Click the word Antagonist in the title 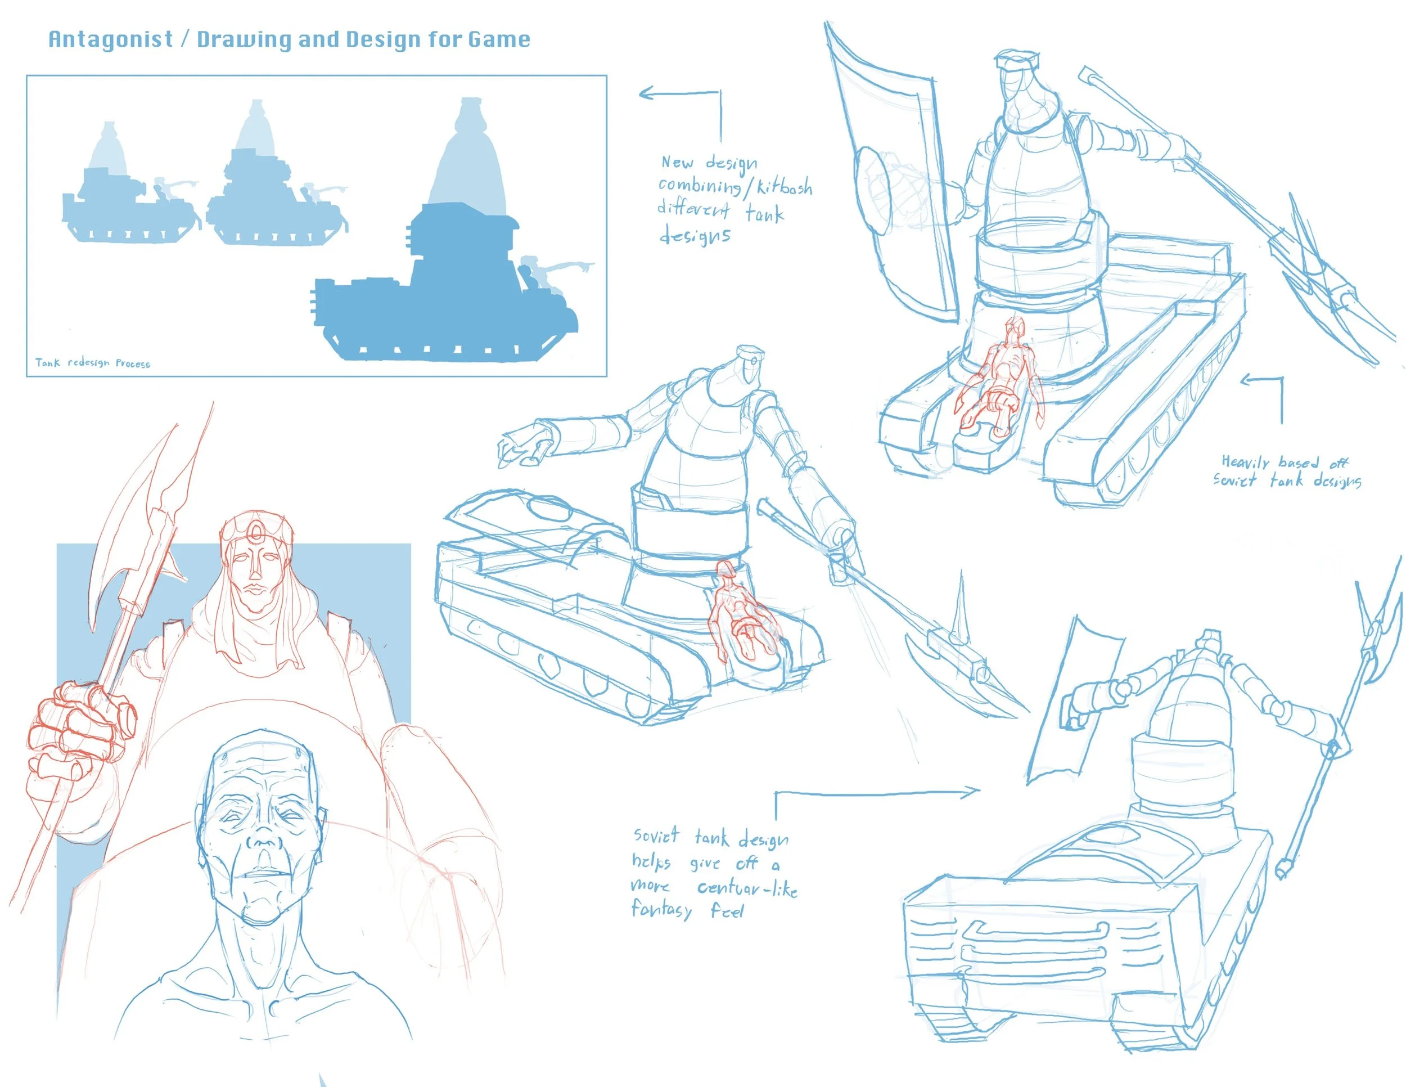111,39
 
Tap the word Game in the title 499,39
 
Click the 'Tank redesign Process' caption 93,363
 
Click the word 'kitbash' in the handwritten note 784,187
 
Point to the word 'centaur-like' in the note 747,888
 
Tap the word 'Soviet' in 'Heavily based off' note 1234,480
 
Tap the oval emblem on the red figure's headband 256,531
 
